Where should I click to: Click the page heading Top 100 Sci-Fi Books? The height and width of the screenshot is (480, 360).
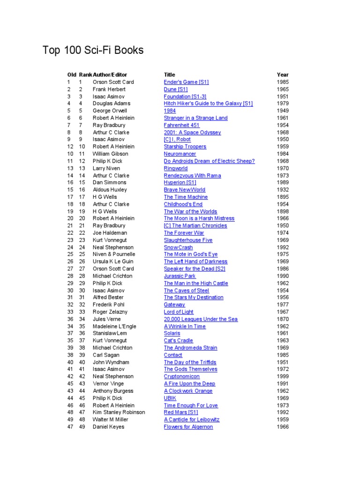tap(93, 50)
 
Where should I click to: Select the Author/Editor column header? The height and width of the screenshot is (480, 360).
tap(110, 75)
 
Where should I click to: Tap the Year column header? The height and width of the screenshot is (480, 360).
tap(283, 75)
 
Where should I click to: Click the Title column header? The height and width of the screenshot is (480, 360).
tap(169, 75)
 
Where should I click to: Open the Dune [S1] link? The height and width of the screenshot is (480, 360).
tap(176, 89)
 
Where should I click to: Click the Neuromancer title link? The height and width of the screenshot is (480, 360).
tap(180, 154)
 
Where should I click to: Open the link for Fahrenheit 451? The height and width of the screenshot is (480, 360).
tap(181, 125)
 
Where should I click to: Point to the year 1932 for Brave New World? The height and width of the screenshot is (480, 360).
tap(283, 190)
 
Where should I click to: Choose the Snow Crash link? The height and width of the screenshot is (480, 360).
tap(178, 247)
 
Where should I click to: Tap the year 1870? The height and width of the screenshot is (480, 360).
tap(283, 319)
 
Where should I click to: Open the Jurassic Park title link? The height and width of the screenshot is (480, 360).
tap(180, 276)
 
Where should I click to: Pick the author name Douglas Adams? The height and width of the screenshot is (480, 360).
tap(112, 104)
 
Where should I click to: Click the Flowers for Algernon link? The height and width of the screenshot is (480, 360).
tap(188, 427)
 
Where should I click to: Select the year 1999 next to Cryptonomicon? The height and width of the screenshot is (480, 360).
tap(283, 376)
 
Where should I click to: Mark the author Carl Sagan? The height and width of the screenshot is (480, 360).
tap(106, 355)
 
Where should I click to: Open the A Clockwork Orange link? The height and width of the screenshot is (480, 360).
tap(188, 391)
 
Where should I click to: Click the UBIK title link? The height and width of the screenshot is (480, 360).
tap(170, 398)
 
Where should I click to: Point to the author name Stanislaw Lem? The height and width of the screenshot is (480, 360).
tap(110, 333)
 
